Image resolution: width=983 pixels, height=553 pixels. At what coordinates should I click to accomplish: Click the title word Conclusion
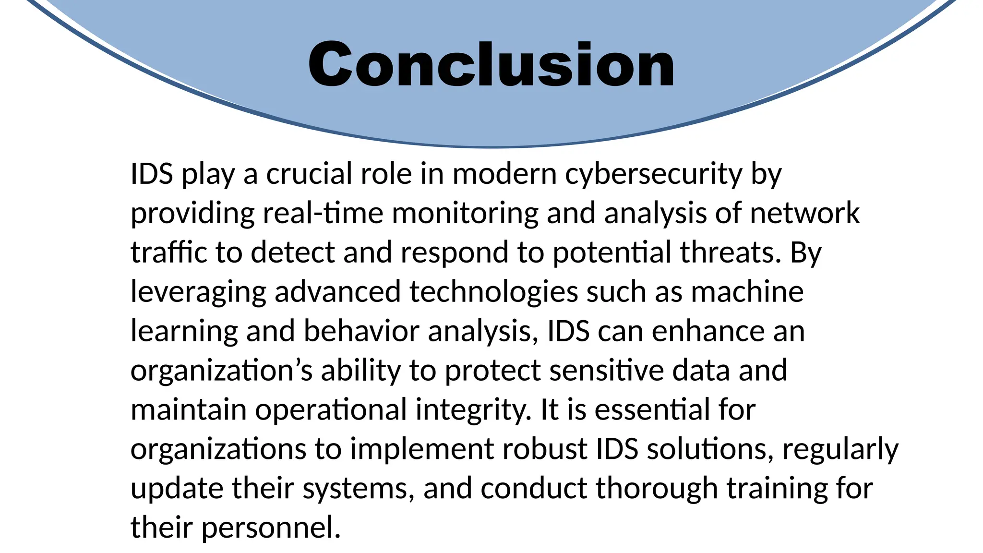tap(491, 65)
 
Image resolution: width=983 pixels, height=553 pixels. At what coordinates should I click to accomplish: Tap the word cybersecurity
tap(653, 174)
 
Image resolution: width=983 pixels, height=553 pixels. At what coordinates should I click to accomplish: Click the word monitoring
tap(465, 214)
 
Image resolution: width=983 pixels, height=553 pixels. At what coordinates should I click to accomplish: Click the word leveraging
tap(198, 292)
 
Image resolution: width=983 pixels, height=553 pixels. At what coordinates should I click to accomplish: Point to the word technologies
tap(493, 292)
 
